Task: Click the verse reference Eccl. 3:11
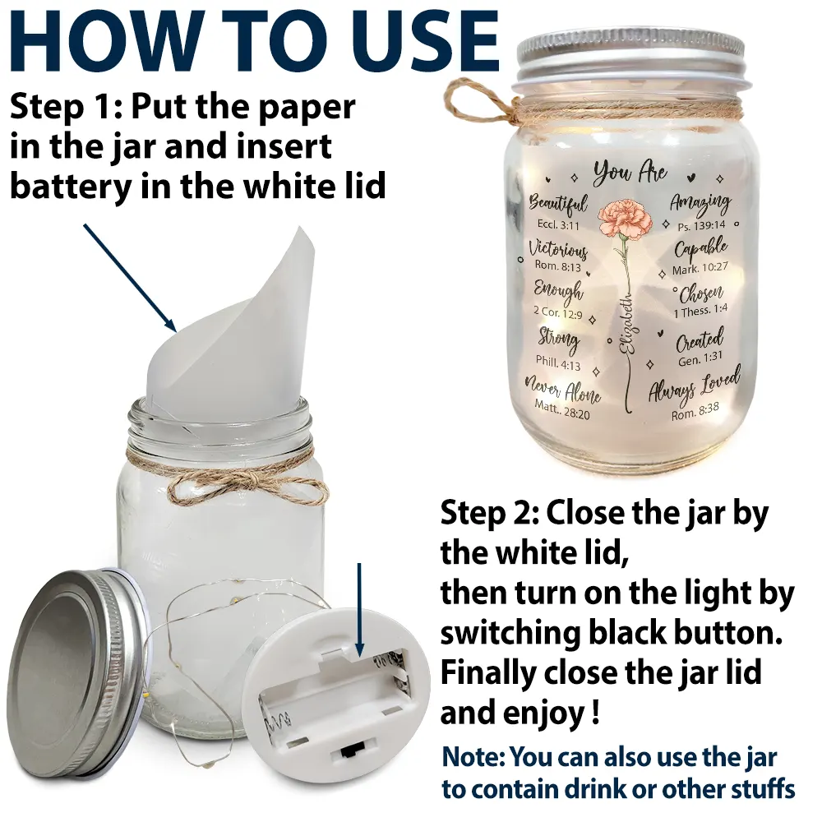click(558, 225)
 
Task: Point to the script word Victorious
click(558, 248)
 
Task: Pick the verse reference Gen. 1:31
click(700, 358)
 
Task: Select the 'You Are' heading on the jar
click(630, 172)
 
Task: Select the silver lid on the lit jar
click(630, 53)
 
